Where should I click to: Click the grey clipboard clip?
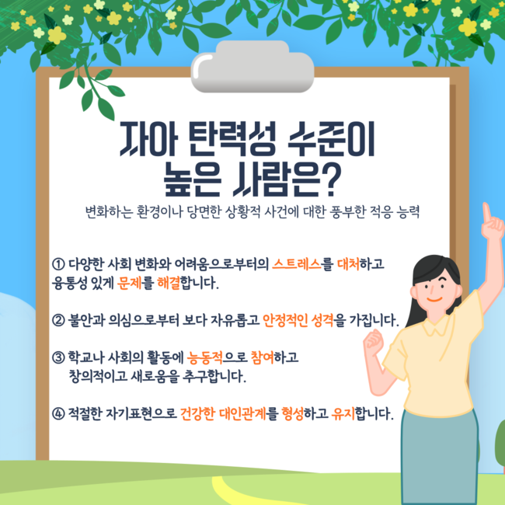coord(252,67)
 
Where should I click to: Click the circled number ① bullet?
coord(58,264)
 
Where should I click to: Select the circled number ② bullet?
coord(58,320)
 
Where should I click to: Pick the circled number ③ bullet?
coord(58,357)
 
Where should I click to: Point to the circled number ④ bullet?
coord(58,414)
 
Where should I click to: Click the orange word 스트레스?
coord(297,264)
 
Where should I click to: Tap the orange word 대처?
coord(349,264)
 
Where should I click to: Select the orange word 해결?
coord(169,283)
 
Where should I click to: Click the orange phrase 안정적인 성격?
coord(298,320)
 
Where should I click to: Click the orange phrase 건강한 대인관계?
coord(223,414)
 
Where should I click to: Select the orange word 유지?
coord(343,414)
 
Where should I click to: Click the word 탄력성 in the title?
coord(232,139)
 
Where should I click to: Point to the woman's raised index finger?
coord(486,212)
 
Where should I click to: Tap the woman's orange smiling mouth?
coord(434,300)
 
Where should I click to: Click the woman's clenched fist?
coord(374,342)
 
